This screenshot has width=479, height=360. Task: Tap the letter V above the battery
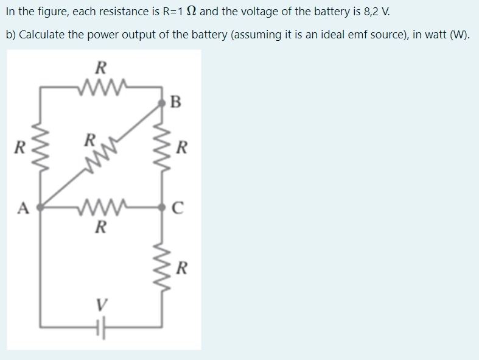(x=101, y=303)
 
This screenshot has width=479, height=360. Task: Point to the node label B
(x=177, y=102)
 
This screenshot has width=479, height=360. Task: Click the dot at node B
(x=162, y=104)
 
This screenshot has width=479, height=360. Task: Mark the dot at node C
(x=162, y=207)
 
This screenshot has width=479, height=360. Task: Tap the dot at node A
(x=40, y=208)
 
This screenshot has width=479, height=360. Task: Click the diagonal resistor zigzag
(x=100, y=156)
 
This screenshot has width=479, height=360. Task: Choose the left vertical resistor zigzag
(x=40, y=147)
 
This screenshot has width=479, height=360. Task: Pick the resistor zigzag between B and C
(x=162, y=149)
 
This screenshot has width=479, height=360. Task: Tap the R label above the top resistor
(x=100, y=66)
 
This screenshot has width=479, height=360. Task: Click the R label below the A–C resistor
(x=101, y=229)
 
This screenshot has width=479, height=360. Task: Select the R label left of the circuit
(x=21, y=147)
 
